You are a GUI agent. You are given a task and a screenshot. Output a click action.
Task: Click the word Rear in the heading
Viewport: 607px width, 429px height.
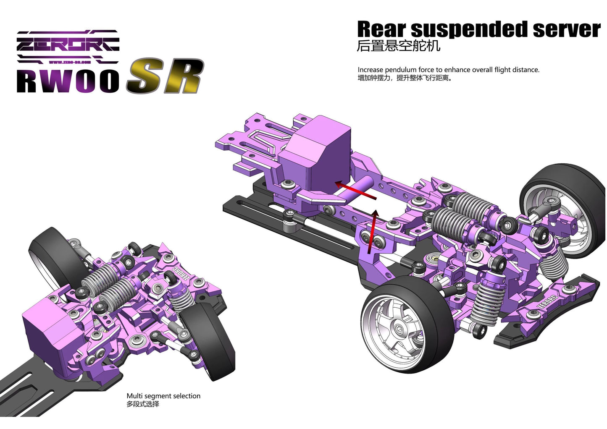[381, 30]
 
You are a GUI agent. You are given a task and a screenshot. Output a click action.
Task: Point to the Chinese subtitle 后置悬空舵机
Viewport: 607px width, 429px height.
[398, 46]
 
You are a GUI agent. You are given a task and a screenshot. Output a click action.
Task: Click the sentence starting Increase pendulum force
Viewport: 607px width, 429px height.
[448, 70]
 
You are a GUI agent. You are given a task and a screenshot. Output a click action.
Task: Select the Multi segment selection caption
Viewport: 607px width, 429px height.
[163, 396]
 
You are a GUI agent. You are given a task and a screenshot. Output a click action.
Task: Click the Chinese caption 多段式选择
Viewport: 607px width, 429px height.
[143, 404]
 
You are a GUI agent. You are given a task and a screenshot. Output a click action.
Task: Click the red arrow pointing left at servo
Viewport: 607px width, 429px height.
[355, 190]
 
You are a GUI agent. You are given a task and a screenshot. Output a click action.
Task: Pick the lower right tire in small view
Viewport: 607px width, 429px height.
[210, 340]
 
